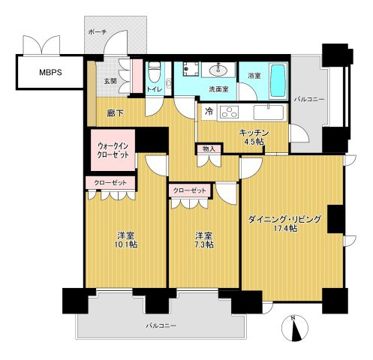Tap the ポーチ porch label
pyautogui.click(x=97, y=33)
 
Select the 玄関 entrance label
pyautogui.click(x=110, y=81)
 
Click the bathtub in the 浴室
pyautogui.click(x=275, y=78)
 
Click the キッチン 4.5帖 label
pyautogui.click(x=253, y=136)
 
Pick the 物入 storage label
pyautogui.click(x=208, y=149)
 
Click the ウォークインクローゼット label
pyautogui.click(x=113, y=149)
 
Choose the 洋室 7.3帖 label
pyautogui.click(x=203, y=240)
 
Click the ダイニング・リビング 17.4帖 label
pyautogui.click(x=285, y=223)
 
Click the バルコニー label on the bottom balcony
pyautogui.click(x=160, y=325)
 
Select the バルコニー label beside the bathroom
pyautogui.click(x=308, y=98)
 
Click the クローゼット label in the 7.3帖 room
pyautogui.click(x=188, y=190)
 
